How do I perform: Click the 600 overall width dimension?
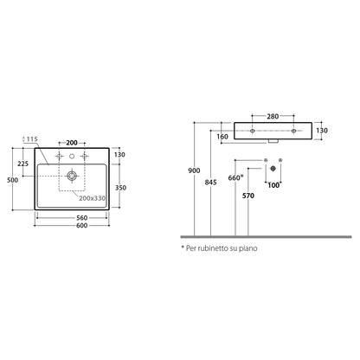(82, 226)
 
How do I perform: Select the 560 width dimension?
(82, 218)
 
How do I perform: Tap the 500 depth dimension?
(12, 180)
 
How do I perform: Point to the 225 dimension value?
(23, 164)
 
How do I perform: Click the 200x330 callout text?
(93, 198)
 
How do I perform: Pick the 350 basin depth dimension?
(120, 188)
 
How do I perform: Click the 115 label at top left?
(32, 139)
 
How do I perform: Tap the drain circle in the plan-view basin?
(72, 176)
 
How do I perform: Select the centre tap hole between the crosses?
(72, 157)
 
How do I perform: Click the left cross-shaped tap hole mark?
(60, 157)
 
